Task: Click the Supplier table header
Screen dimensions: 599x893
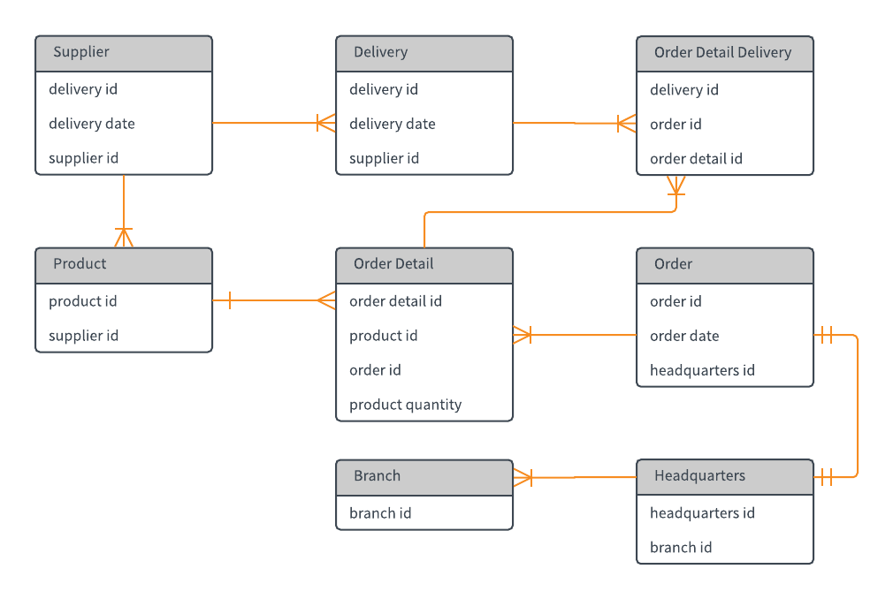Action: point(124,53)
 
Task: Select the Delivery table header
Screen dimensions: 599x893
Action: point(424,53)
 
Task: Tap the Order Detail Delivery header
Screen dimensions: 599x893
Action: point(724,53)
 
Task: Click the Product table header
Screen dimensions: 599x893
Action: point(124,264)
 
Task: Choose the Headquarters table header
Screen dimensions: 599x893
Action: point(724,476)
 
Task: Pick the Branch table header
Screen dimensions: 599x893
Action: point(424,476)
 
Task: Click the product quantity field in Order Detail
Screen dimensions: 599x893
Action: point(405,405)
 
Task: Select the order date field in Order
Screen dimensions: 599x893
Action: point(684,336)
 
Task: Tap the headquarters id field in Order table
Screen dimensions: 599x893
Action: point(702,370)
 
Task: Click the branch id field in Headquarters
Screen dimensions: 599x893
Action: point(681,547)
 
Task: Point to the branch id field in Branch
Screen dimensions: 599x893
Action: point(380,513)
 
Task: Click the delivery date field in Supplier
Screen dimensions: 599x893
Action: point(92,124)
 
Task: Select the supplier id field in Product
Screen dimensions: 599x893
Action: point(83,336)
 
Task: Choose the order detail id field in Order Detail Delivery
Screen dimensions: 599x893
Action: point(696,159)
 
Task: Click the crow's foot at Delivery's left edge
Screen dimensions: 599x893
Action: point(326,123)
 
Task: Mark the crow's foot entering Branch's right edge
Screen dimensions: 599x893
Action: point(523,477)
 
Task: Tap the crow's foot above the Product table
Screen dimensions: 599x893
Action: point(124,237)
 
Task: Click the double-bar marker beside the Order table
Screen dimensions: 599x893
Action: point(826,335)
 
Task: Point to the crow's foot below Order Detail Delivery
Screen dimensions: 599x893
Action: point(675,185)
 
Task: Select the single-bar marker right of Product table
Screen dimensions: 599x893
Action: point(229,300)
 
